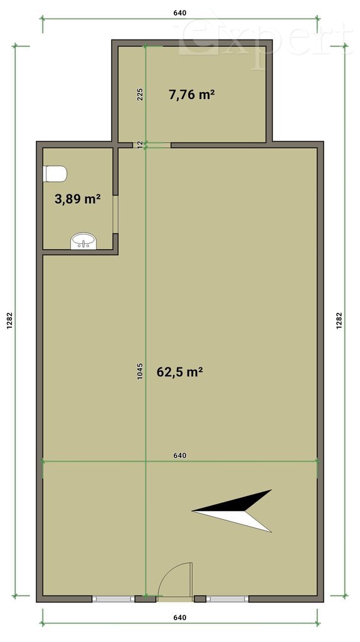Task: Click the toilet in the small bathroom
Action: pyautogui.click(x=55, y=174)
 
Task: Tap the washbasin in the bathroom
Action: pyautogui.click(x=83, y=241)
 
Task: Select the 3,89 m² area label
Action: pyautogui.click(x=78, y=199)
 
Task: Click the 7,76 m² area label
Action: pyautogui.click(x=192, y=95)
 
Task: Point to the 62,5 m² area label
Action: pyautogui.click(x=180, y=372)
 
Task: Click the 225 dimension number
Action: pyautogui.click(x=140, y=95)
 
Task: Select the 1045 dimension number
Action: pyautogui.click(x=140, y=371)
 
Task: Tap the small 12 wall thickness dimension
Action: pyautogui.click(x=140, y=145)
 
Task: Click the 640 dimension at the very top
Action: pyautogui.click(x=180, y=13)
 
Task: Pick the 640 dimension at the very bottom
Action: pyautogui.click(x=180, y=618)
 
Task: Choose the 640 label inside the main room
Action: pyautogui.click(x=180, y=455)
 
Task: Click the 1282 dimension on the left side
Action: pyautogui.click(x=10, y=320)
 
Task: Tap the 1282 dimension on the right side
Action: pyautogui.click(x=339, y=320)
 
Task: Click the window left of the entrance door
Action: pyautogui.click(x=114, y=599)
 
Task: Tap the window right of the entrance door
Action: pyautogui.click(x=227, y=599)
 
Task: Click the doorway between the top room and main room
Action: pyautogui.click(x=152, y=145)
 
